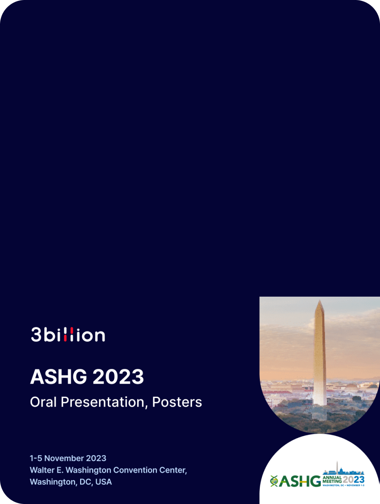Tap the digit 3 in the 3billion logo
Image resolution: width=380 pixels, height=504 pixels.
coord(36,335)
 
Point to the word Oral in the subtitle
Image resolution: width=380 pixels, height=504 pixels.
coord(44,402)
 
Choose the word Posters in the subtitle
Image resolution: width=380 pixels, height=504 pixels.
coord(177,402)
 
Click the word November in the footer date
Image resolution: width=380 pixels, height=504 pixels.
coord(64,458)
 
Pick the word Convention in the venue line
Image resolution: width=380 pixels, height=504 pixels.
coord(135,470)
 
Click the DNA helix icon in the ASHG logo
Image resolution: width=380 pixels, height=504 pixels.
coord(274,481)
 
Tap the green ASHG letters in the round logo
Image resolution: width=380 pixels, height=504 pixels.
coord(300,481)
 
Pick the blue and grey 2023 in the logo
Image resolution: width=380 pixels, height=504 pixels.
coord(353,479)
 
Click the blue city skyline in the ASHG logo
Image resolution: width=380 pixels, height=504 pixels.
coord(343,471)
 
